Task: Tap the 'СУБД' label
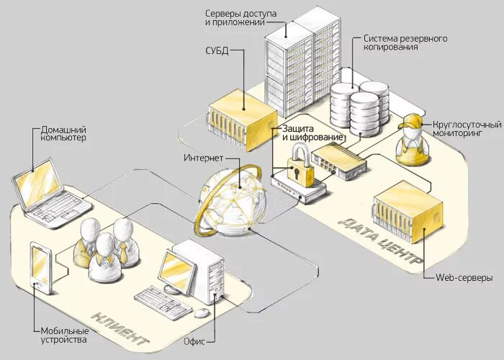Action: pyautogui.click(x=216, y=51)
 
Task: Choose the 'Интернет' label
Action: pyautogui.click(x=202, y=158)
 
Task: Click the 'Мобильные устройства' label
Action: pyautogui.click(x=64, y=336)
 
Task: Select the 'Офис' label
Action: pyautogui.click(x=195, y=342)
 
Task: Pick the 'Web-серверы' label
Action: pyautogui.click(x=464, y=277)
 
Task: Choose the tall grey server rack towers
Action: pyautogui.click(x=301, y=61)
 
